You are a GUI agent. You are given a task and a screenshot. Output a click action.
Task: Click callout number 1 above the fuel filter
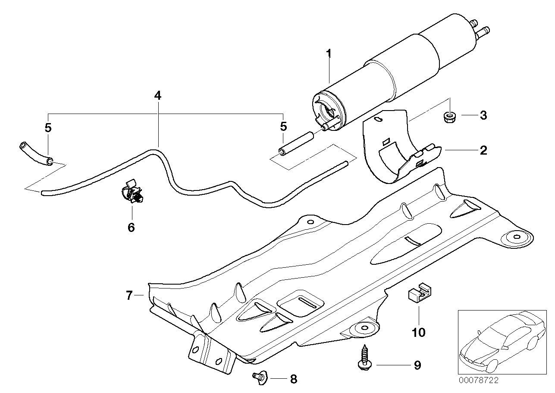[329, 54]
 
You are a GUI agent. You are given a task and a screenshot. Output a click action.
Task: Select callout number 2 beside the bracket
[483, 150]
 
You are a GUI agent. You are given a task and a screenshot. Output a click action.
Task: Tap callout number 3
[483, 115]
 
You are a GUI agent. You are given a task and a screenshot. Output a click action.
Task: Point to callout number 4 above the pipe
[158, 95]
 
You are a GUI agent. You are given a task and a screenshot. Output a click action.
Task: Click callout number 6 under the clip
[131, 227]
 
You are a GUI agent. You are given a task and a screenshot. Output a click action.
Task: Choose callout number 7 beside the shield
[129, 295]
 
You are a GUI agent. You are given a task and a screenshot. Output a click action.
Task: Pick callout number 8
[293, 380]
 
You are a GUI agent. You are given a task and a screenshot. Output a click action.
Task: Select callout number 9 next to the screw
[417, 365]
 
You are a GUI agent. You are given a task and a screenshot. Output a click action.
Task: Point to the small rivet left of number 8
[259, 377]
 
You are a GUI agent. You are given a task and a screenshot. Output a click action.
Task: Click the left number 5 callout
[48, 127]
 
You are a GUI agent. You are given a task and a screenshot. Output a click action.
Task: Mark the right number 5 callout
[283, 127]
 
